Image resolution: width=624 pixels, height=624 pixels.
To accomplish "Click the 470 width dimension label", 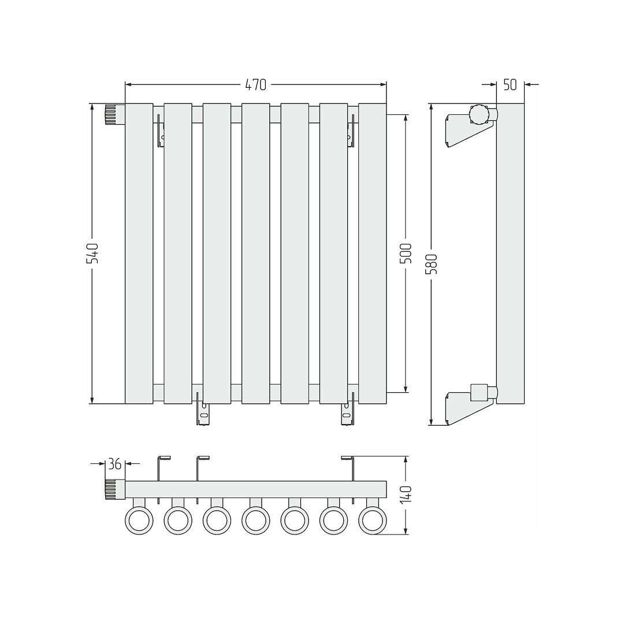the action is [255, 85].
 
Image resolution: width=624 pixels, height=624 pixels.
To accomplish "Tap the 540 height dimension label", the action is [92, 254].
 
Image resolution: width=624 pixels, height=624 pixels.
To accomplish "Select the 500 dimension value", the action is [406, 253].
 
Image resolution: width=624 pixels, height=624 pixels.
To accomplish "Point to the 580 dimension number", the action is [432, 264].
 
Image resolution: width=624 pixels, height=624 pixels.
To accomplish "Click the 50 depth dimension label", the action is [510, 85].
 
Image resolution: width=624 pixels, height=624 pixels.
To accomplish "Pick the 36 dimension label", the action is [115, 463].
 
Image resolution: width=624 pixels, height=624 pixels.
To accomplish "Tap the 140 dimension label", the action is [406, 495].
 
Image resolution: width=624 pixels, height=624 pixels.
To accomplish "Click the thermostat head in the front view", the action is [115, 114].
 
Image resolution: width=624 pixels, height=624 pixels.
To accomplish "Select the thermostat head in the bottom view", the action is [115, 490].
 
